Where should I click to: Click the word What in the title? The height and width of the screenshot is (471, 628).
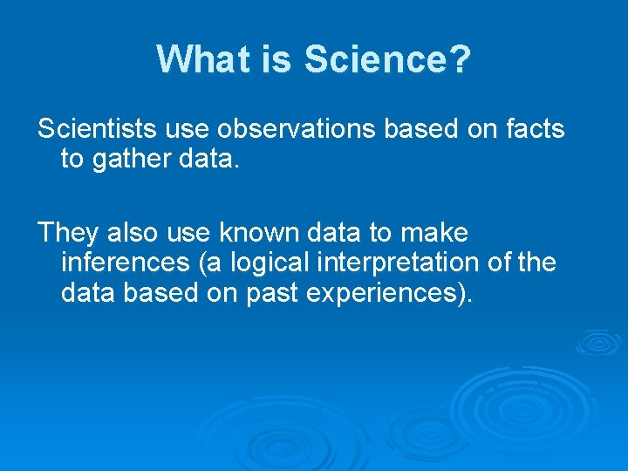coord(203,59)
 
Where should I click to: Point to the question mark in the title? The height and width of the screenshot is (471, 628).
coord(461,59)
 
